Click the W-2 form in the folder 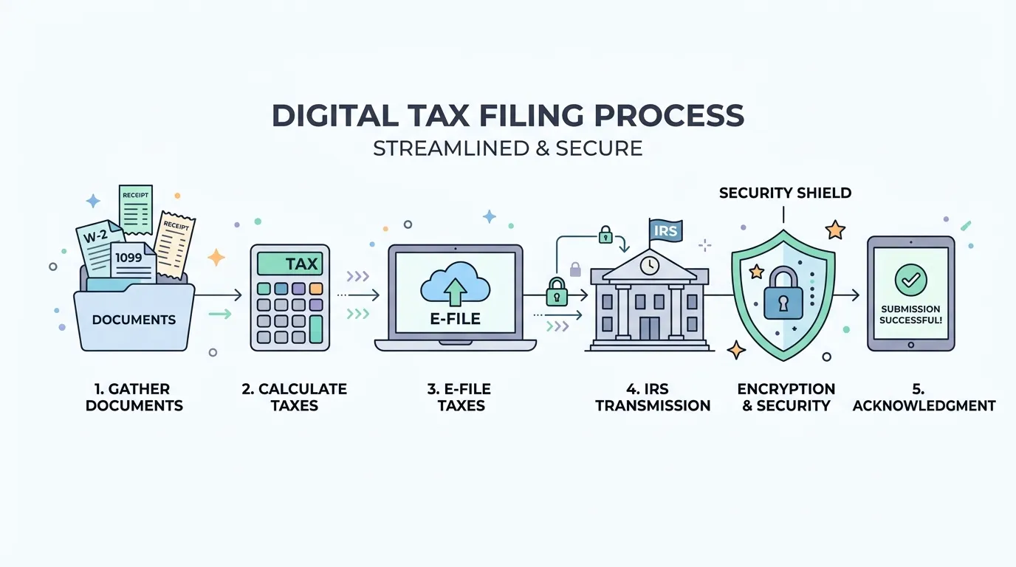pos(97,247)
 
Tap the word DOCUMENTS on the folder pos(134,320)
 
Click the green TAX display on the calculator pos(290,264)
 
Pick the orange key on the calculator pos(316,289)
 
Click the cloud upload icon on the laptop pos(455,284)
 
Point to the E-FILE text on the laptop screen pos(455,319)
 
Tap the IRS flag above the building pos(665,231)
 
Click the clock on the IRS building pos(650,265)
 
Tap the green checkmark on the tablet pos(910,281)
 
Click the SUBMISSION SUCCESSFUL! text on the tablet pos(910,315)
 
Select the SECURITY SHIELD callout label pos(785,193)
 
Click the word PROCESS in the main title pos(669,115)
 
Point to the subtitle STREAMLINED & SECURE pos(507,148)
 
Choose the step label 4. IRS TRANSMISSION pos(653,397)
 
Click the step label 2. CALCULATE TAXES pos(295,397)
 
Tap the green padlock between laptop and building pos(557,292)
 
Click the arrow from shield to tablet pos(846,295)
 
